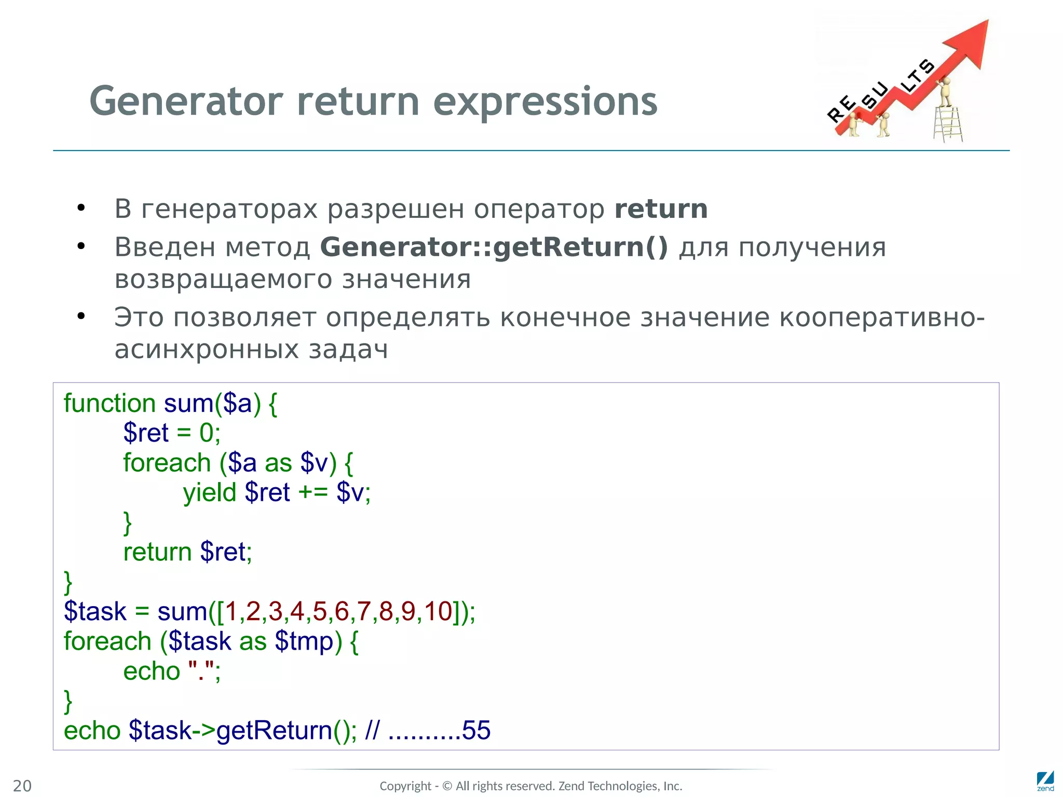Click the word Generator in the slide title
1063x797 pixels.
click(186, 101)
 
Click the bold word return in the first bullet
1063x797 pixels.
click(661, 209)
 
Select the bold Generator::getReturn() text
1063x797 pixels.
click(494, 247)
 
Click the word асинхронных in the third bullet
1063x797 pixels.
click(207, 349)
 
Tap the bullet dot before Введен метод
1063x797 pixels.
click(81, 246)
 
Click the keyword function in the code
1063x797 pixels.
click(110, 403)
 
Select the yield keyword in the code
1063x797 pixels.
click(210, 492)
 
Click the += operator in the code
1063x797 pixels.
click(313, 492)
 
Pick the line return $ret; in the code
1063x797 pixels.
click(187, 552)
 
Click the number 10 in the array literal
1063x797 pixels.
click(438, 611)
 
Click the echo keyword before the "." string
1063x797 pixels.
click(151, 671)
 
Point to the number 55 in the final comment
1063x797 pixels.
click(476, 731)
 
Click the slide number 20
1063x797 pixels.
click(22, 786)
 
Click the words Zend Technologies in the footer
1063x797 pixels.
click(609, 786)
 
